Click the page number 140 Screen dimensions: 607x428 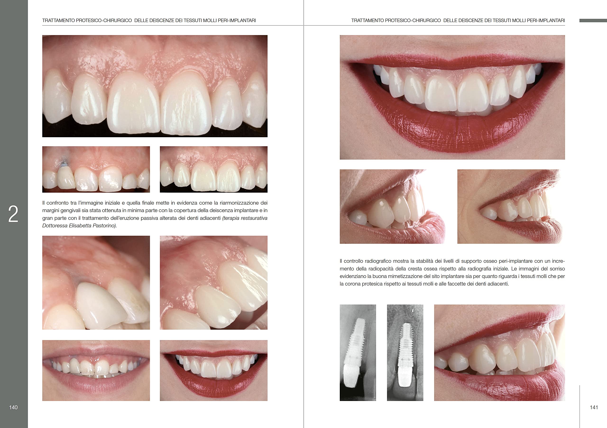click(14, 407)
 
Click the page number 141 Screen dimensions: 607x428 click(594, 407)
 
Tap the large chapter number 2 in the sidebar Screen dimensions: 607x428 click(13, 214)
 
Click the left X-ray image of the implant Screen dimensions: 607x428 click(358, 353)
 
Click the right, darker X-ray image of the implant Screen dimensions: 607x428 click(405, 353)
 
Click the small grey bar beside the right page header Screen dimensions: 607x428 click(593, 20)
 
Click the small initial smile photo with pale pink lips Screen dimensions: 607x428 click(96, 370)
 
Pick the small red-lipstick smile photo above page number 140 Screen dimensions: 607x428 click(214, 370)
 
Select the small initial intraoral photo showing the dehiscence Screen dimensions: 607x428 click(96, 169)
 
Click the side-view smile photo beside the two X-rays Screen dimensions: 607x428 click(499, 353)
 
